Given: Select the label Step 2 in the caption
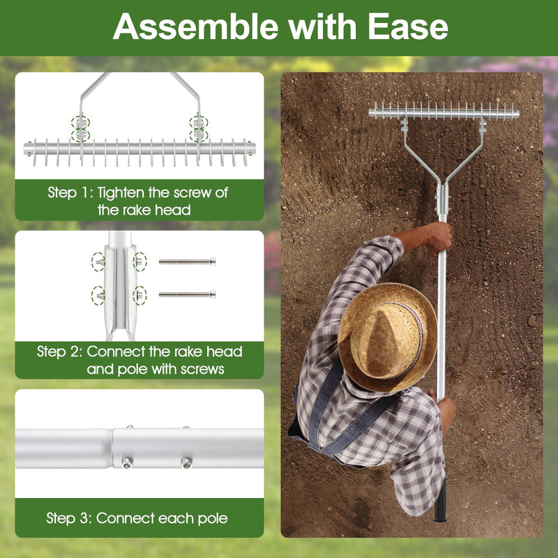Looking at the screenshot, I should [x=59, y=352].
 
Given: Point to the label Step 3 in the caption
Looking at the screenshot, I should [x=68, y=518].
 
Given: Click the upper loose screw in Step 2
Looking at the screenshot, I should [x=187, y=262].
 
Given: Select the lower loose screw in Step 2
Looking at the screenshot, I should [x=187, y=294].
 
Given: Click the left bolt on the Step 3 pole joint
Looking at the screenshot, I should [x=127, y=461].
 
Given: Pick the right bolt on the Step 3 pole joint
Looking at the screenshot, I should [x=186, y=461].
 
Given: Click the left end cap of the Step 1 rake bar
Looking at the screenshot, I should [x=29, y=149].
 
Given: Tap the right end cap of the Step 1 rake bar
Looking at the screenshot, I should [x=250, y=149].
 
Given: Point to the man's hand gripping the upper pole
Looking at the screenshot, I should [x=439, y=237].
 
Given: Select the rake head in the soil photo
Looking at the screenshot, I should [x=444, y=111].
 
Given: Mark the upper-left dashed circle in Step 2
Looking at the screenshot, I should [x=98, y=262].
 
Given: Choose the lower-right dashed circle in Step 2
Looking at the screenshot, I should [x=139, y=294].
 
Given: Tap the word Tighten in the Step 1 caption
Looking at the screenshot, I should [x=123, y=193].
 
